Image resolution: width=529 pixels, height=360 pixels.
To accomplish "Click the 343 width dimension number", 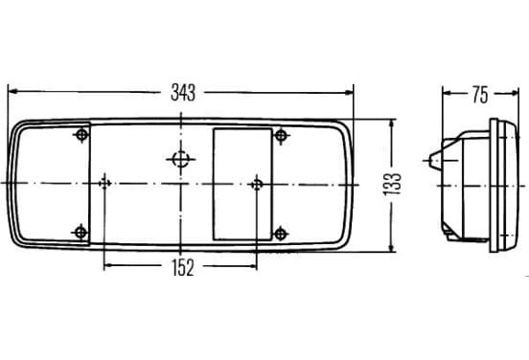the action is (183, 93).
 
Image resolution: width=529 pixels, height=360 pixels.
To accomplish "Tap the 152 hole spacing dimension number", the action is (183, 268).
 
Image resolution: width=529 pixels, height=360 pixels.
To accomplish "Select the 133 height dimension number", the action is (392, 184).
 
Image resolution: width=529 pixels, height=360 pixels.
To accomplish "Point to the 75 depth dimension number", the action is (480, 95).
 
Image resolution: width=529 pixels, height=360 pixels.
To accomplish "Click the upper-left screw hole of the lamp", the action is (81, 135).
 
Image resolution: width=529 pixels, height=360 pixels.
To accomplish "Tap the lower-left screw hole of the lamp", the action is (80, 233).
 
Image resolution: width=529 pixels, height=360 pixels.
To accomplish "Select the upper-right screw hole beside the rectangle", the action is (281, 136).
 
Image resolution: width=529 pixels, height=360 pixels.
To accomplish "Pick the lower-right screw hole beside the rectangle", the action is (281, 234).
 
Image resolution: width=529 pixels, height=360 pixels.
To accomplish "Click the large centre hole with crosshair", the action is (180, 159).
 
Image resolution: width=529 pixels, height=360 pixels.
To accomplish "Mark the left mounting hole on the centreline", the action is (104, 184).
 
